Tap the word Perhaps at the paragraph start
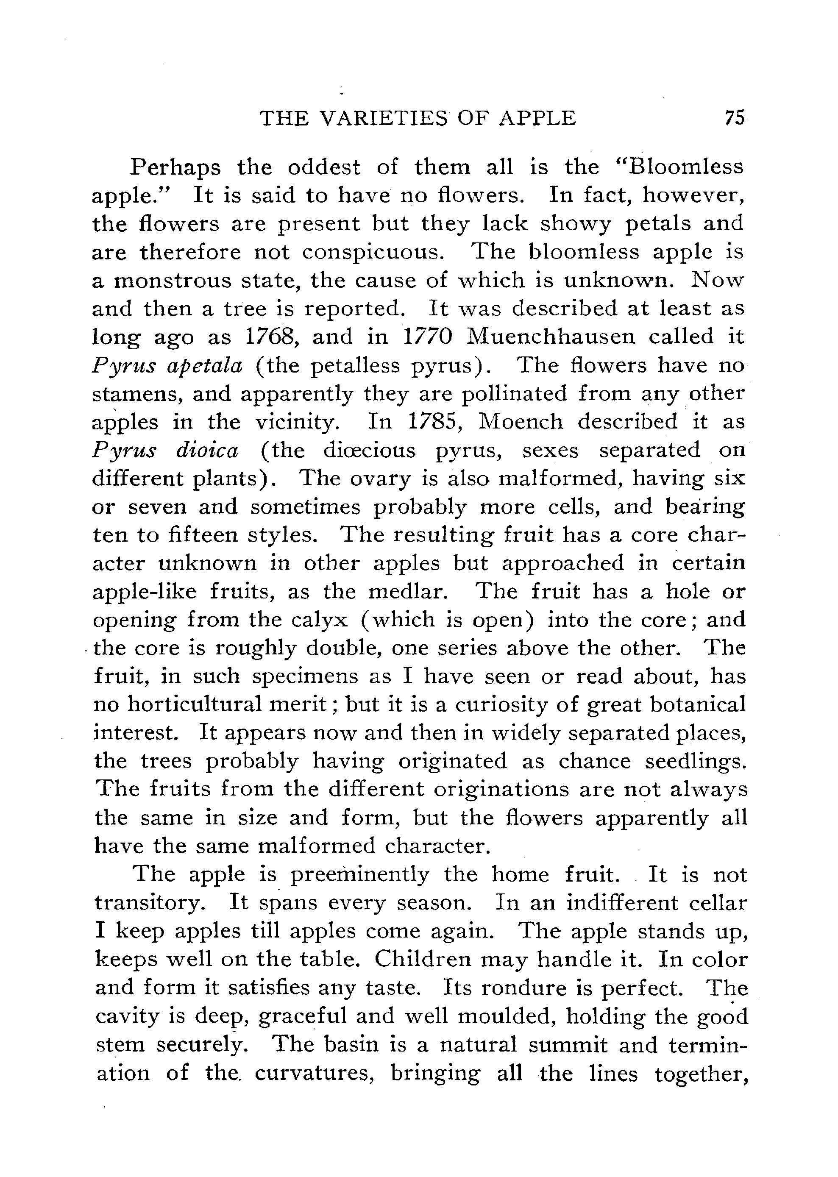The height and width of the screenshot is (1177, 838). pyautogui.click(x=176, y=168)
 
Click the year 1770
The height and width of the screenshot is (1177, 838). pyautogui.click(x=427, y=337)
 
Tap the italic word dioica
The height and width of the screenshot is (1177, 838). pyautogui.click(x=207, y=451)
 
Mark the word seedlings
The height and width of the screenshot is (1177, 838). pyautogui.click(x=695, y=762)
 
